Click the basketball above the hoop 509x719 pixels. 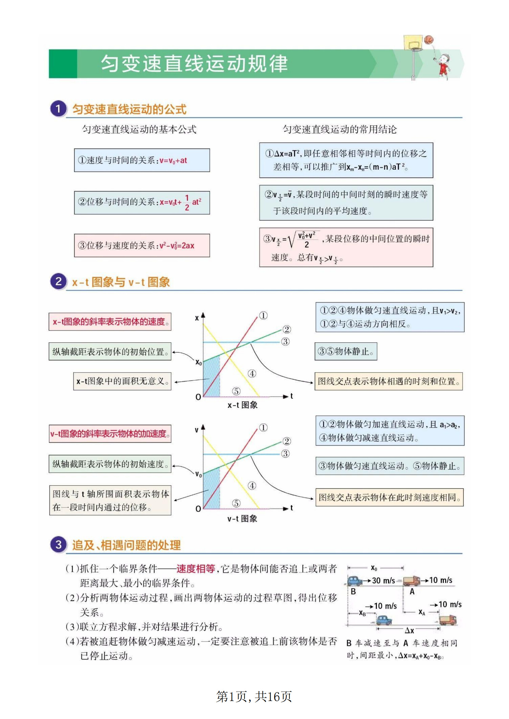(x=428, y=40)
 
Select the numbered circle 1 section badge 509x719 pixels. (x=58, y=109)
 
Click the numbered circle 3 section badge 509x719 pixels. (x=58, y=545)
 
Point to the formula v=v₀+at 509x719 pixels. (x=173, y=161)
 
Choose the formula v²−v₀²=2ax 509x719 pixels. (x=177, y=246)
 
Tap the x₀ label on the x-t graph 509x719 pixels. (x=198, y=362)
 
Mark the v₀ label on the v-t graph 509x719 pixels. (x=198, y=474)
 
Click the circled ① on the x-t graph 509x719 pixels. (x=263, y=316)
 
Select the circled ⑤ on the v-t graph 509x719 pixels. (x=236, y=503)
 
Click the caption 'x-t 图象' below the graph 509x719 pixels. (x=242, y=405)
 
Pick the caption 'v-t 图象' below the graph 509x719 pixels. (x=242, y=519)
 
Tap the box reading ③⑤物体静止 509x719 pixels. (x=346, y=351)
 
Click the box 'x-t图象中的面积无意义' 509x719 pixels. (x=122, y=381)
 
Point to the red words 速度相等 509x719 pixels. (x=196, y=568)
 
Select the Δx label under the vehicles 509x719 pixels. (x=409, y=630)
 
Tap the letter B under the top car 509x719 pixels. (x=353, y=591)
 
